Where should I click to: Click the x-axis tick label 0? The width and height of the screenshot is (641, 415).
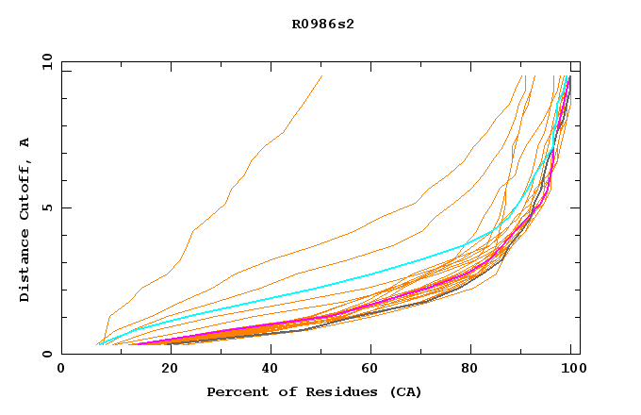62,369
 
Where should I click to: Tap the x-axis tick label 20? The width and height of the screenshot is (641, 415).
164,369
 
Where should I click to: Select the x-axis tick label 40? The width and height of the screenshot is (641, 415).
266,369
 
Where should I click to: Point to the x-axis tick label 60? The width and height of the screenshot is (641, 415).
369,369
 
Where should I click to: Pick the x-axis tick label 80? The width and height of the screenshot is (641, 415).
470,369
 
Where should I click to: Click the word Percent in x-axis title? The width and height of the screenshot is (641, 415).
233,391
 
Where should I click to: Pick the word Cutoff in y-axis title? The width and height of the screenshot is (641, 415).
25,188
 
